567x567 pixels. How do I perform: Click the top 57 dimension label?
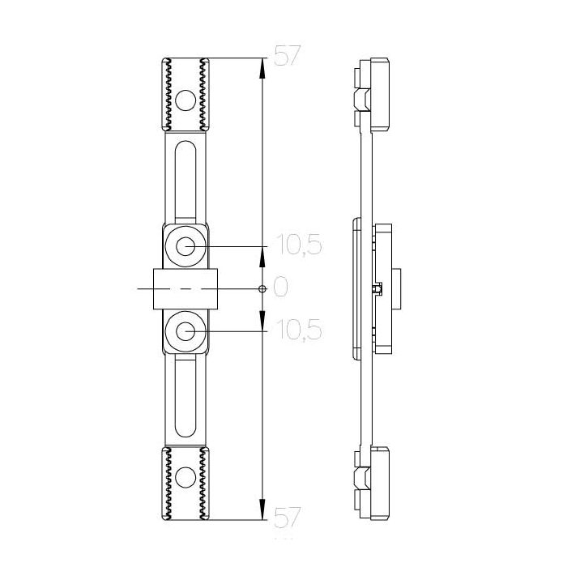[x=288, y=55]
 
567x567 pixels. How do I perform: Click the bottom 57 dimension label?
[x=288, y=517]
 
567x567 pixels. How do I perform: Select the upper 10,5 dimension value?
[x=299, y=245]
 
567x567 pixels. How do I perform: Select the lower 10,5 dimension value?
[x=299, y=330]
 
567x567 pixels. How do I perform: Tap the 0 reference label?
[x=281, y=287]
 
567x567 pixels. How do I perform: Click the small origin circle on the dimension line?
[x=263, y=289]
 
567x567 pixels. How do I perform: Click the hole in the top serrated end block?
[x=185, y=100]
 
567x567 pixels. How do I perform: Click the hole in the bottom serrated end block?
[x=185, y=477]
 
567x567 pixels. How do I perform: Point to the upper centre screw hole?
[x=185, y=246]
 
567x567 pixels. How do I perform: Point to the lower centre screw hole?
[x=185, y=331]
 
